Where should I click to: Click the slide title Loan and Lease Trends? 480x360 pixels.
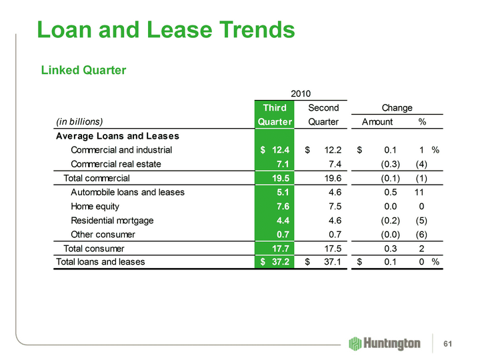166,29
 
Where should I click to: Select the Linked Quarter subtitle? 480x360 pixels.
84,69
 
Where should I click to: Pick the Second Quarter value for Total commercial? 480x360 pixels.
329,178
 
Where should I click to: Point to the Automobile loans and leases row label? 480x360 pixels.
127,193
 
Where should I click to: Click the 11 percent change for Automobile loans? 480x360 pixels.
419,193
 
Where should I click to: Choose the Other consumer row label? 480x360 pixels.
103,234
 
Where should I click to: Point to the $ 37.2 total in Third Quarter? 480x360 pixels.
274,262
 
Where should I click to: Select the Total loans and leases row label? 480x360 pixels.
99,262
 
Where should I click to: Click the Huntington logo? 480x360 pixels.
385,343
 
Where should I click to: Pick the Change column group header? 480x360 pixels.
397,108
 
